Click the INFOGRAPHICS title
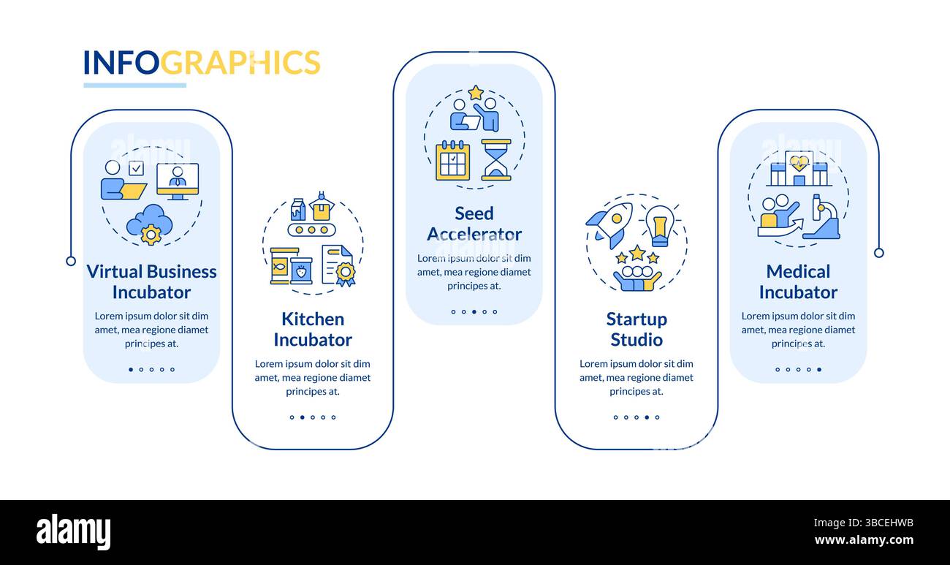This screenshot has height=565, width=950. click(x=202, y=63)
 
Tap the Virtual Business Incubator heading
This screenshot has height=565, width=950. click(x=151, y=281)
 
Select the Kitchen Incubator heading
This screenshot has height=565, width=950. click(x=313, y=329)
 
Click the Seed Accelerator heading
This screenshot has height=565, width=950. click(x=474, y=224)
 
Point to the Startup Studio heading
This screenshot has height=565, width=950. click(x=636, y=329)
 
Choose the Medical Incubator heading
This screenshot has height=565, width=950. click(x=798, y=281)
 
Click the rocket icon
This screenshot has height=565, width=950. click(x=610, y=224)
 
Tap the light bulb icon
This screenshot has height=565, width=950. click(x=659, y=224)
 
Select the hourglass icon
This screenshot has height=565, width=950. click(x=496, y=160)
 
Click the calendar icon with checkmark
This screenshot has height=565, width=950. click(x=452, y=160)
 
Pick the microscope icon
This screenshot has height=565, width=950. click(x=822, y=217)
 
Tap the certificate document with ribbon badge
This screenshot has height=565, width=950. click(x=338, y=265)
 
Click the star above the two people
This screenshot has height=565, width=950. click(x=476, y=93)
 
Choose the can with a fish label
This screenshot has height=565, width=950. click(x=279, y=266)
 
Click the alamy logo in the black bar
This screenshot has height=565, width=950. click(x=73, y=531)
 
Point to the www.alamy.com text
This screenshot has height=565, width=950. click(x=864, y=541)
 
